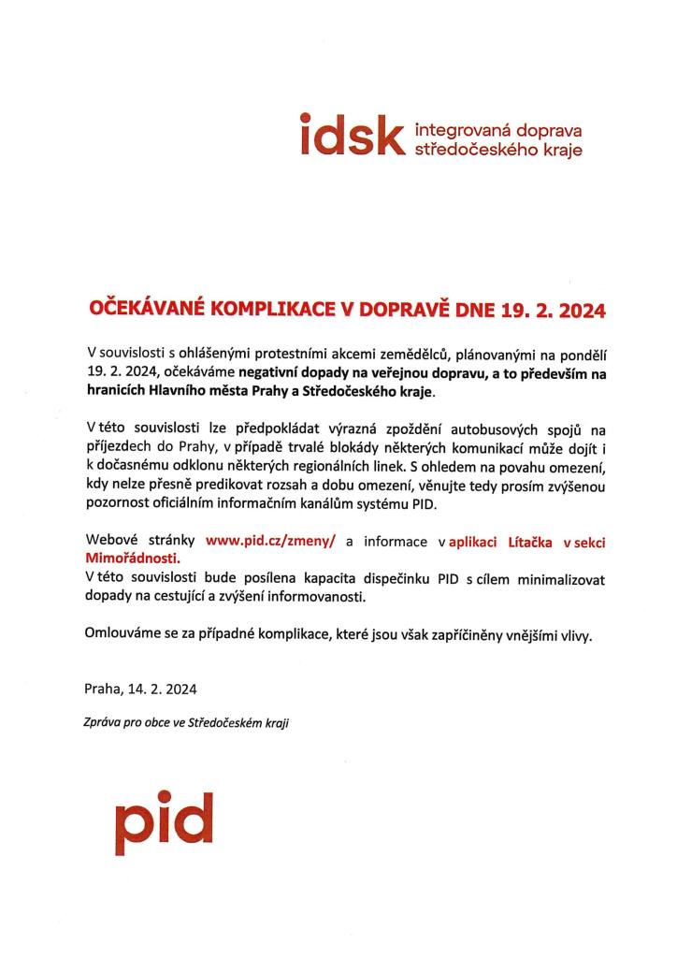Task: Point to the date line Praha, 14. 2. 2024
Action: coord(140,689)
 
